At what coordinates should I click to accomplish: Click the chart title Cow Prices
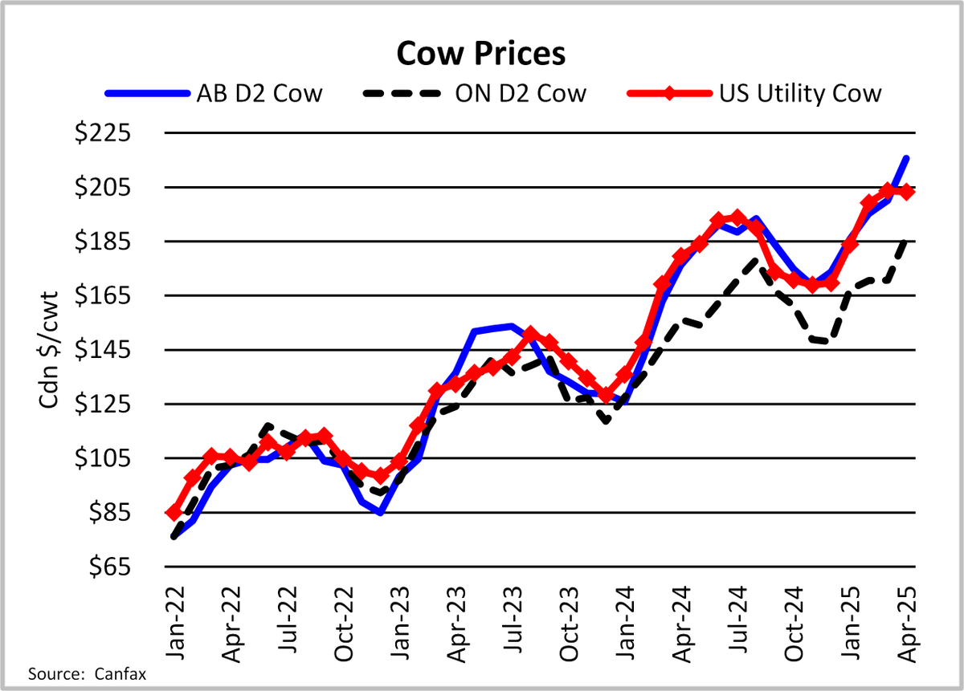click(x=480, y=54)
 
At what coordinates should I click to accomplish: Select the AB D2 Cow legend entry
click(x=214, y=93)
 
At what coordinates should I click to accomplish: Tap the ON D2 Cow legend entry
click(x=474, y=93)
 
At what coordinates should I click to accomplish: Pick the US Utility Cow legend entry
click(x=754, y=93)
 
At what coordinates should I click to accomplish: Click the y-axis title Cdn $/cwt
click(x=50, y=350)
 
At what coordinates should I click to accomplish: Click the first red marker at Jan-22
click(x=174, y=513)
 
